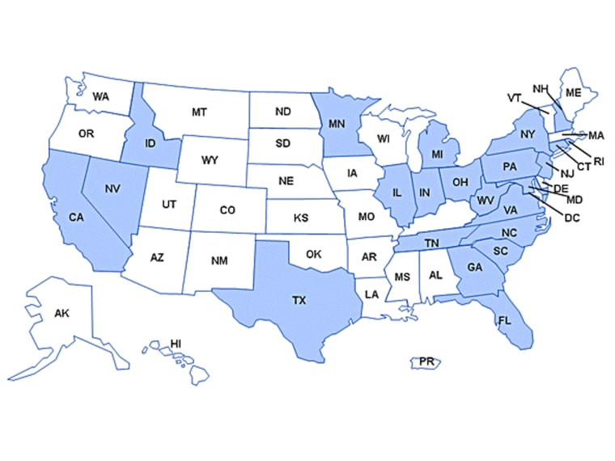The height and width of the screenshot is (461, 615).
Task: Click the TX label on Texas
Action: [x=299, y=300]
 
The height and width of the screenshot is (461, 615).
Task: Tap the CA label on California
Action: [x=76, y=216]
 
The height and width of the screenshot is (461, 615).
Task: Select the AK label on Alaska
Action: [x=61, y=313]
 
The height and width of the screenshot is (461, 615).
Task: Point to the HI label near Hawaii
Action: [x=176, y=343]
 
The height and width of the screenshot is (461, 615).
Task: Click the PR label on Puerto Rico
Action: [x=426, y=362]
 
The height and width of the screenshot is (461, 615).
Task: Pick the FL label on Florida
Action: [x=505, y=320]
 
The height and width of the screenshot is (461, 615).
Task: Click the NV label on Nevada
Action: [x=112, y=188]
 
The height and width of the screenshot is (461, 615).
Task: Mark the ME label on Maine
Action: [x=574, y=93]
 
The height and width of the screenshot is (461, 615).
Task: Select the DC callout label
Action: [x=571, y=218]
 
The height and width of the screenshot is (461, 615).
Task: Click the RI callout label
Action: [x=599, y=162]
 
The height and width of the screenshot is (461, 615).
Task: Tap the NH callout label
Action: [x=540, y=88]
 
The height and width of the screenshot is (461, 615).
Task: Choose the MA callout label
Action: [x=596, y=135]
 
